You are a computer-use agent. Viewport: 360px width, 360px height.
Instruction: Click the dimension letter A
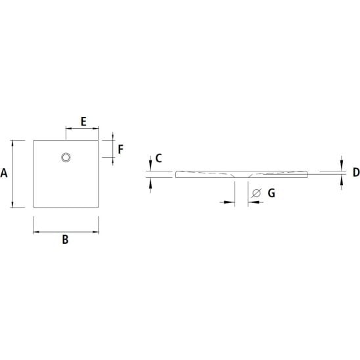click(x=4, y=173)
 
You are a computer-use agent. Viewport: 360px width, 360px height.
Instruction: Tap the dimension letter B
click(x=65, y=240)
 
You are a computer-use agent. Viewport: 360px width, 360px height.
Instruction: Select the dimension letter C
click(x=158, y=158)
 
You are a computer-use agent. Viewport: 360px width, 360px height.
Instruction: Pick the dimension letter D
click(x=356, y=172)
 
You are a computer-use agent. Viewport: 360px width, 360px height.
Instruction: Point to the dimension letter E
click(x=83, y=122)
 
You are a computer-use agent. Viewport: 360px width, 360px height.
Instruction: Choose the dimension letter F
click(x=120, y=149)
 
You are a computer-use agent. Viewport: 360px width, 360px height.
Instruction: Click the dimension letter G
click(x=271, y=193)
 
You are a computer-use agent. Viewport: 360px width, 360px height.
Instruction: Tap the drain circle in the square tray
click(x=66, y=158)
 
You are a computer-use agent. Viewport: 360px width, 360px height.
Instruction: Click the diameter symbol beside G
click(x=256, y=193)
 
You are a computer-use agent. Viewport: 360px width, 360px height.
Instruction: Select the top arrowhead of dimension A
click(x=12, y=143)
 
